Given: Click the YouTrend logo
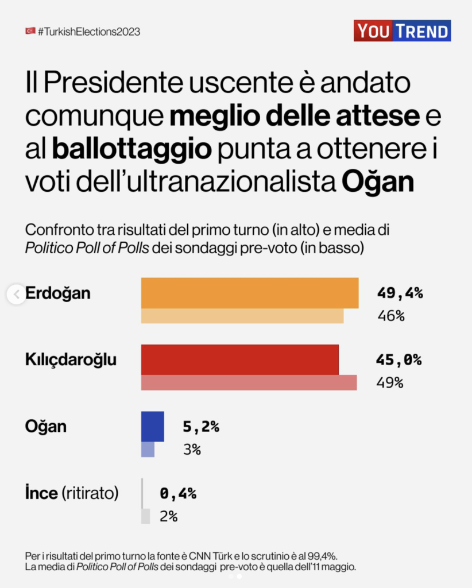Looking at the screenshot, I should pos(401,31).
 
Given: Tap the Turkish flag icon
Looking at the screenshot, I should pos(30,31).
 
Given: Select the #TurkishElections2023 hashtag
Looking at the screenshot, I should pos(88,32).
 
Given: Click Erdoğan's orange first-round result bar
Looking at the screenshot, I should pos(250,293).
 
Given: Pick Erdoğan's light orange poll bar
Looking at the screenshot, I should pos(242,316).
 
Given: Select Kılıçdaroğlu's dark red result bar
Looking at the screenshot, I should pos(240,360).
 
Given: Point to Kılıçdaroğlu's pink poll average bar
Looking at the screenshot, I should pos(249,382).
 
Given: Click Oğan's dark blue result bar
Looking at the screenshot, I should pos(153,427).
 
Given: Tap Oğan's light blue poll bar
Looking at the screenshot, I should pos(148,449).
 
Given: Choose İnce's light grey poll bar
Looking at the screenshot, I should pos(145,516).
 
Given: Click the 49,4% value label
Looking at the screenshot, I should pos(400,293).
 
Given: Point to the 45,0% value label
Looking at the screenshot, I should pos(399,360).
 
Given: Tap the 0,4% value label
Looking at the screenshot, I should pos(178,493).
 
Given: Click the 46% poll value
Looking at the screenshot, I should pos(390,316).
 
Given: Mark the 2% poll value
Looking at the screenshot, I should pos(168,516).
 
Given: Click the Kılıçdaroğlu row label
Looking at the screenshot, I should pos(71,360).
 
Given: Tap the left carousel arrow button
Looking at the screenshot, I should pos(16,295).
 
